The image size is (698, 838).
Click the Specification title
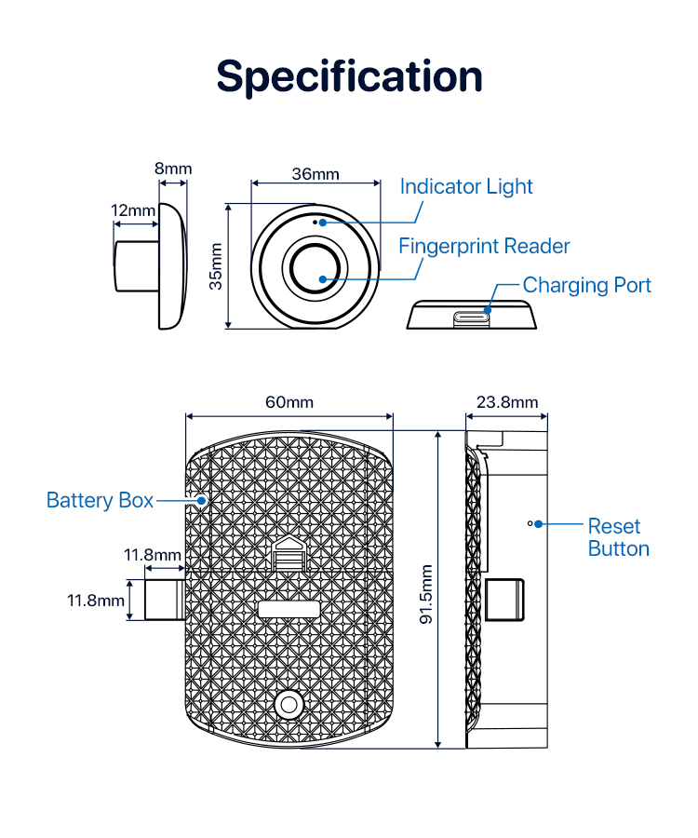[x=349, y=76]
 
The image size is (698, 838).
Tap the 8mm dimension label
[x=173, y=169]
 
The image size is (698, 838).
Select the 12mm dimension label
[x=133, y=210]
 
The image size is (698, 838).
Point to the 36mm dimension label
[x=315, y=174]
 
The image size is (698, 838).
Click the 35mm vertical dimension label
[x=216, y=266]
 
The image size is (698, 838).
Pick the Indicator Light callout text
[x=466, y=186]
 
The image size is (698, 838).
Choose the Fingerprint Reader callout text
[x=484, y=247]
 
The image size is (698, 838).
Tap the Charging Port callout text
[x=586, y=285]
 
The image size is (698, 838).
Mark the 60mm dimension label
[x=289, y=402]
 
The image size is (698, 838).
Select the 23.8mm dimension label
[x=507, y=402]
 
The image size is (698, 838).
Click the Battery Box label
[x=100, y=501]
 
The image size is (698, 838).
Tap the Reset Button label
[x=618, y=537]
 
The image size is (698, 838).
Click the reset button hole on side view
[x=530, y=523]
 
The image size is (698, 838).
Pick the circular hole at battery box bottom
[x=289, y=705]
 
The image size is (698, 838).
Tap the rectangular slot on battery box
[x=289, y=610]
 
